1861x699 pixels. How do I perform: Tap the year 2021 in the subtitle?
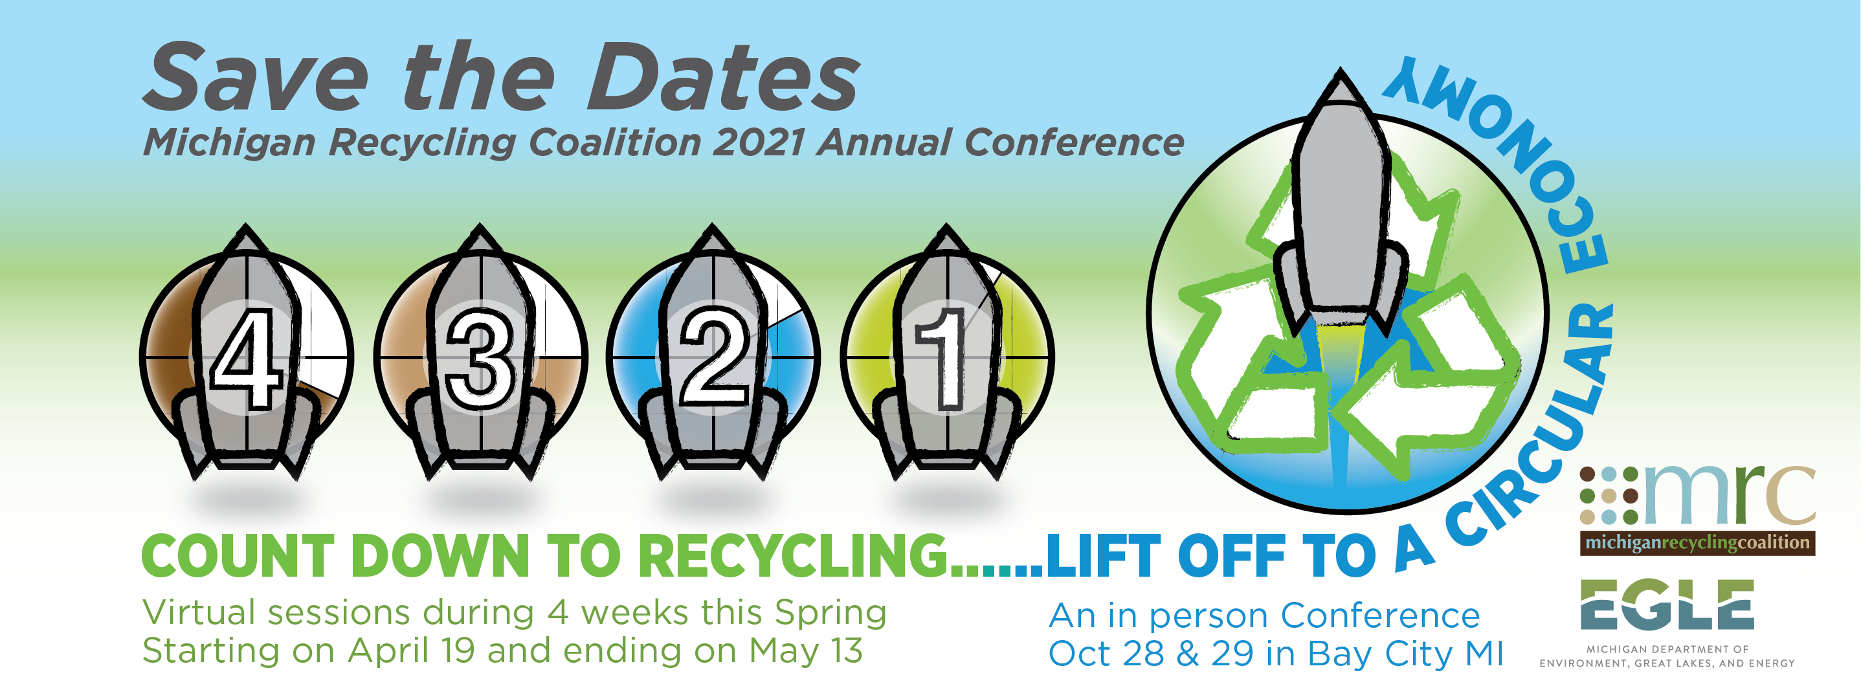click(759, 142)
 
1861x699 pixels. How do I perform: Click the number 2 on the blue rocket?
click(714, 356)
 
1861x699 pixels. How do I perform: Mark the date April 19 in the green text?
click(411, 651)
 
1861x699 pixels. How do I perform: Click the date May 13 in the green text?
click(805, 651)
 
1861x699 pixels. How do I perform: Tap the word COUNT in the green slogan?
click(238, 557)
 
